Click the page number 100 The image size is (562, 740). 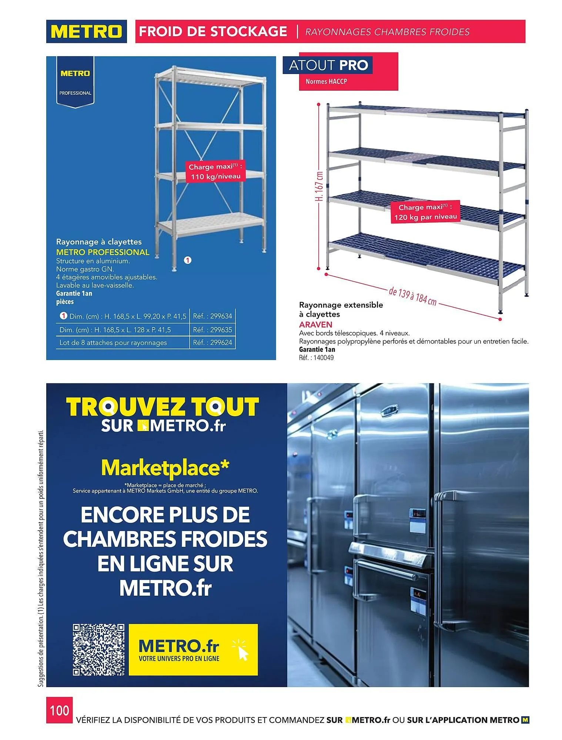pos(59,710)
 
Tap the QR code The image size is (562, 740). pos(98,649)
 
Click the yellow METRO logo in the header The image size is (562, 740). pos(86,31)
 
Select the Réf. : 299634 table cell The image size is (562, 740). pos(213,316)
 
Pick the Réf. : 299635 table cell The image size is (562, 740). pos(213,330)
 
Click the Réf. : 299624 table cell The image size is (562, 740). pos(213,343)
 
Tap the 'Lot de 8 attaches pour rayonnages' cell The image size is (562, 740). pos(113,343)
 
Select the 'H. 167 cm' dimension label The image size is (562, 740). pos(319,185)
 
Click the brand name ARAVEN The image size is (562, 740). pos(315,324)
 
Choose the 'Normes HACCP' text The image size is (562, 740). pos(326,81)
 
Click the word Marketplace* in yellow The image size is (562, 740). pos(165,468)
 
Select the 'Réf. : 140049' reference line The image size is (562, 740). pos(316,358)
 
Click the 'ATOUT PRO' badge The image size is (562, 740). pos(328,65)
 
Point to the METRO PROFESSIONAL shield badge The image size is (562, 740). pos(75,82)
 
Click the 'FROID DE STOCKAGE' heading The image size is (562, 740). pos(213,31)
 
